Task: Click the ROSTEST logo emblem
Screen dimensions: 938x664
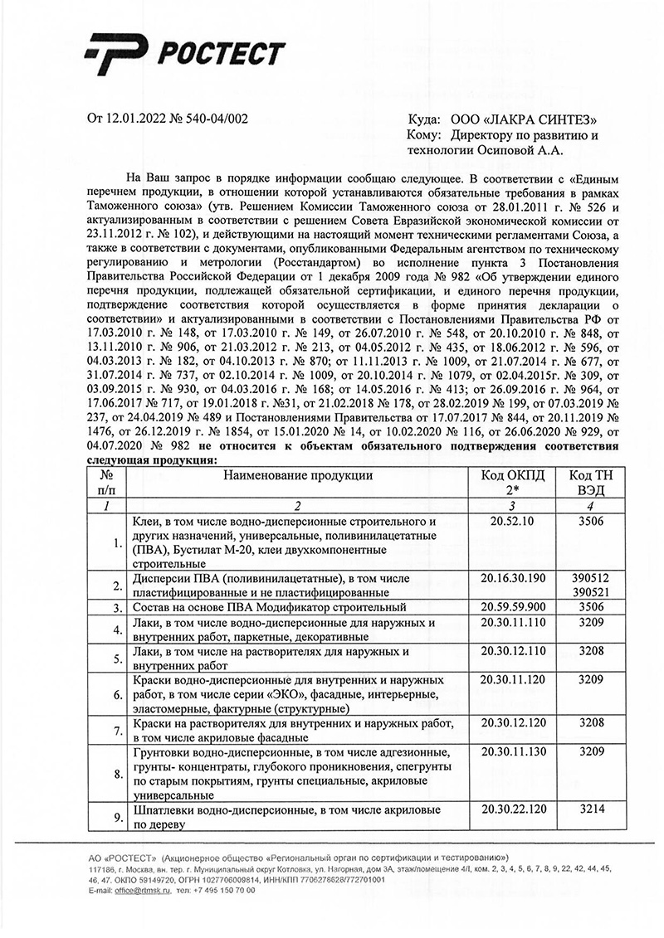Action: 120,56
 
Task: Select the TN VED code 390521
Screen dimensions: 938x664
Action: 591,592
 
